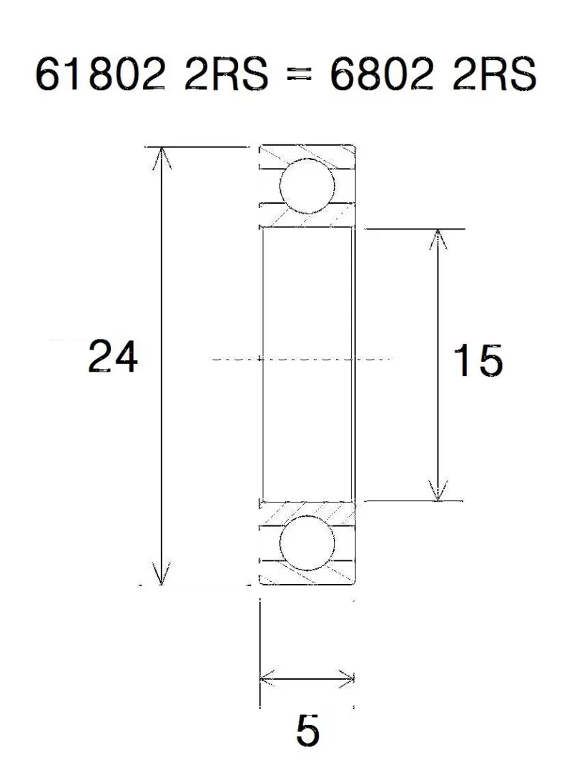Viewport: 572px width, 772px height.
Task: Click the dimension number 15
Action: coord(478,360)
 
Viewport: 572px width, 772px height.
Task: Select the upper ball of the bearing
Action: coord(307,186)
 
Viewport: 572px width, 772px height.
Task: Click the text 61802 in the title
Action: coord(99,75)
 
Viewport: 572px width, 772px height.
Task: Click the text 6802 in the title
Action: coord(381,75)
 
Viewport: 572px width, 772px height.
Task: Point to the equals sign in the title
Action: coord(299,75)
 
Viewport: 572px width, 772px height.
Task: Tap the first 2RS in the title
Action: coord(226,75)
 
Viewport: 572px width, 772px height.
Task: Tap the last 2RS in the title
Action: coord(495,75)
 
